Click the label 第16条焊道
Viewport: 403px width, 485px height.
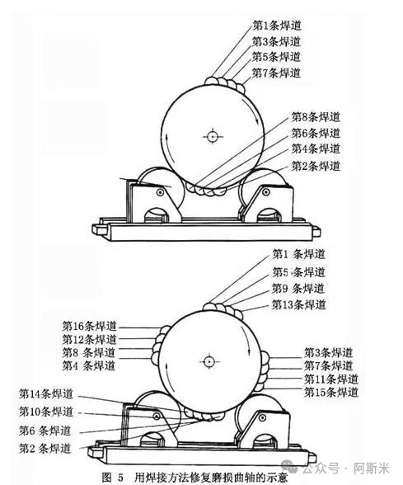click(x=90, y=326)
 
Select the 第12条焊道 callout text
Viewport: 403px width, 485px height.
click(x=90, y=339)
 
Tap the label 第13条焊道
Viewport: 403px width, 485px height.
click(x=298, y=304)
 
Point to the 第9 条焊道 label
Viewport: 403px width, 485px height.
click(x=298, y=289)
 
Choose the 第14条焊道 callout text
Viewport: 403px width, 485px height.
click(x=46, y=394)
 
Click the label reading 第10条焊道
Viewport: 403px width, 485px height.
click(x=46, y=412)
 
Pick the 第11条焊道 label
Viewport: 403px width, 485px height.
click(x=331, y=379)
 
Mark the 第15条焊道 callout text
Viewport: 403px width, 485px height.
click(x=331, y=393)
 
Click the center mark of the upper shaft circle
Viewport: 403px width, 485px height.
click(x=213, y=136)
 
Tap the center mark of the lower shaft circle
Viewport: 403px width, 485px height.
click(x=209, y=361)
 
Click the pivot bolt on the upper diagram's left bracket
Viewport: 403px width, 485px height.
click(x=160, y=192)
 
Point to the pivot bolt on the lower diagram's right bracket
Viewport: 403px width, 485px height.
click(x=263, y=418)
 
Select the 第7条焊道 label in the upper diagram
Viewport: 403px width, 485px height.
click(x=276, y=73)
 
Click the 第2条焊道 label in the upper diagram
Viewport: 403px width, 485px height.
click(x=316, y=166)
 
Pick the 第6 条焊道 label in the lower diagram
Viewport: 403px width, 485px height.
click(x=45, y=431)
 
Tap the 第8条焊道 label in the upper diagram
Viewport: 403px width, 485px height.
click(x=316, y=117)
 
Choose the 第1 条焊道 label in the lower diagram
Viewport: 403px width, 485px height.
click(x=298, y=254)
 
